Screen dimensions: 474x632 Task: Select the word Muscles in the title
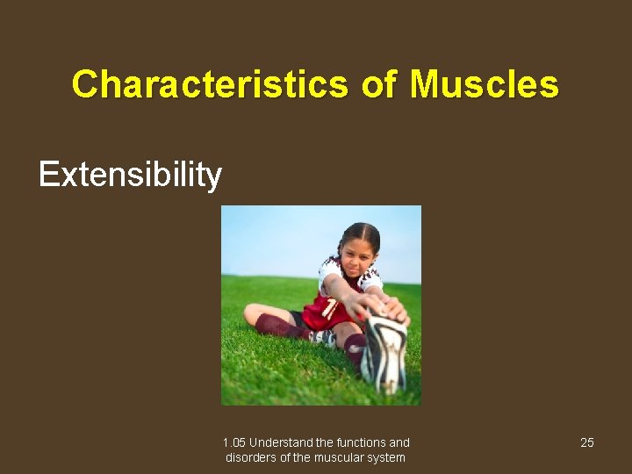484,85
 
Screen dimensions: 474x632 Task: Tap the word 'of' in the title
378,85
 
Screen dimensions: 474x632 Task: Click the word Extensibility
130,175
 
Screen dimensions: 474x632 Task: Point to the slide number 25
587,442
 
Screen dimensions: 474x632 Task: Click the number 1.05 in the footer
234,442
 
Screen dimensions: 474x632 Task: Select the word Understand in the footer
279,442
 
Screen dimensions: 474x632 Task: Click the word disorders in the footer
251,457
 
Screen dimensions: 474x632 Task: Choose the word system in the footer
387,457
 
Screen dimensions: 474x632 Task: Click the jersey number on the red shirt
330,308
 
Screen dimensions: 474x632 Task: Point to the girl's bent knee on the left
254,314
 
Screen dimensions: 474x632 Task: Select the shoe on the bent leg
321,337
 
